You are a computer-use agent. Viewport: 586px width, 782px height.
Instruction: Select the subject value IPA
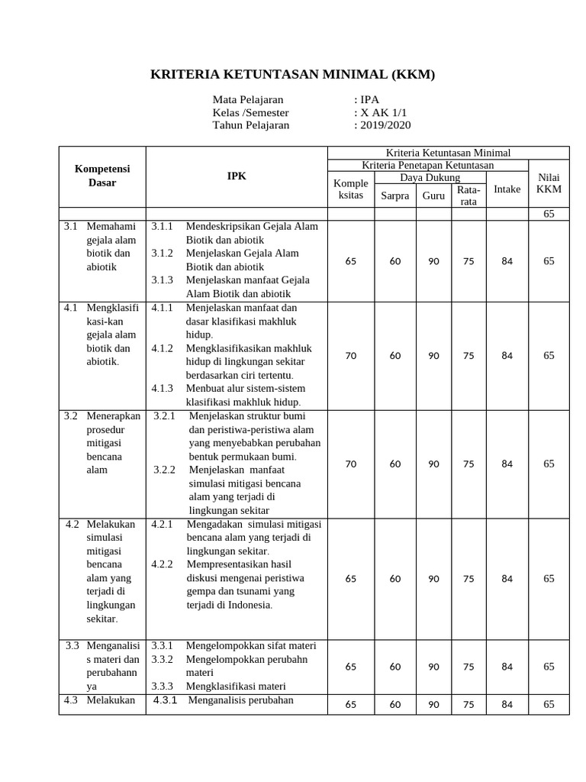pyautogui.click(x=369, y=99)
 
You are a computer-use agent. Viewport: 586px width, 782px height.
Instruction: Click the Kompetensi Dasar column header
pyautogui.click(x=101, y=176)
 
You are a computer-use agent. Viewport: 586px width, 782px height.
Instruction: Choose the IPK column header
pyautogui.click(x=237, y=176)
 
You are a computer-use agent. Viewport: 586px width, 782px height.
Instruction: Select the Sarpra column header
pyautogui.click(x=395, y=195)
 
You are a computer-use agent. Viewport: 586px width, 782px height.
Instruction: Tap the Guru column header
pyautogui.click(x=433, y=195)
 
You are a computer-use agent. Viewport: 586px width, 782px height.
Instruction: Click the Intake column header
pyautogui.click(x=507, y=189)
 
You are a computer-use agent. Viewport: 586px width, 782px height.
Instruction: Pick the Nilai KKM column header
pyautogui.click(x=549, y=183)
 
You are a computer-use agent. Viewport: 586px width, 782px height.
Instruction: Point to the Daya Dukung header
pyautogui.click(x=430, y=177)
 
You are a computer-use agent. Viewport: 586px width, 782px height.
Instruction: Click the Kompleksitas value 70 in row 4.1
pyautogui.click(x=351, y=355)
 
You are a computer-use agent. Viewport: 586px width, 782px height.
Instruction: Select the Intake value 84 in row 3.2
pyautogui.click(x=507, y=464)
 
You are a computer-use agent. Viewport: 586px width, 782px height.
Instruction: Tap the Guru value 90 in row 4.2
pyautogui.click(x=433, y=579)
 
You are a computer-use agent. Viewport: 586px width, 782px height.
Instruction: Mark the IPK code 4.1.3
pyautogui.click(x=162, y=388)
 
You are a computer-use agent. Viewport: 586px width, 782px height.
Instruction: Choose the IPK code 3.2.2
pyautogui.click(x=165, y=470)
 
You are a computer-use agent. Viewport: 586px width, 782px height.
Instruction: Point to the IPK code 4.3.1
pyautogui.click(x=166, y=700)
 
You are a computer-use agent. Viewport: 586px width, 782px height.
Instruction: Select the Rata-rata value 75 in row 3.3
pyautogui.click(x=468, y=667)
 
